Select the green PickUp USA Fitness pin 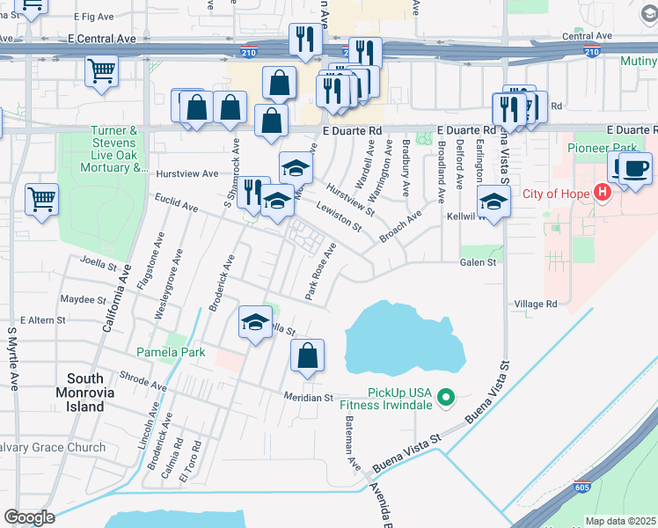445,398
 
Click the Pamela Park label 171,352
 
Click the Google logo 28,517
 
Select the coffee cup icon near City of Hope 635,168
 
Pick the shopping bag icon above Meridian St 307,356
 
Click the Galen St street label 479,262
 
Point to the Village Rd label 536,304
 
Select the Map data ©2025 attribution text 619,521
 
